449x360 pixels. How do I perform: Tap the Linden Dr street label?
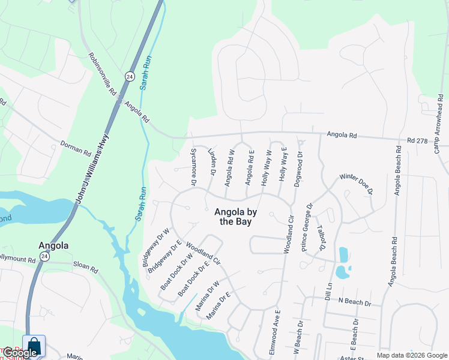click(x=211, y=163)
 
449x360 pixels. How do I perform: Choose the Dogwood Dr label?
click(x=298, y=169)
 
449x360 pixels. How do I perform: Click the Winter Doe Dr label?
click(x=357, y=183)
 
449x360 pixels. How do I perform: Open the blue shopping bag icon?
click(x=34, y=346)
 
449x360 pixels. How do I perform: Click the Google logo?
click(x=20, y=353)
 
